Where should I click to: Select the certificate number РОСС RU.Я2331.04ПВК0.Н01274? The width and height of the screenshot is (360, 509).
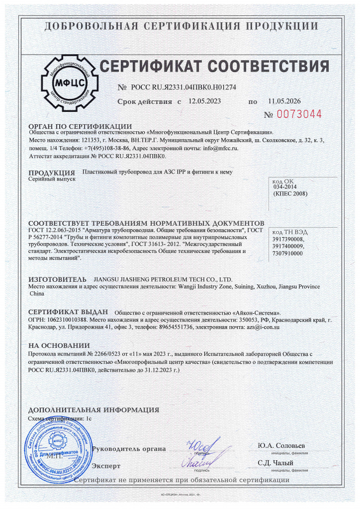coord(183,87)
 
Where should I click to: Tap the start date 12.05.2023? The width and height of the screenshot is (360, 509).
coord(204,101)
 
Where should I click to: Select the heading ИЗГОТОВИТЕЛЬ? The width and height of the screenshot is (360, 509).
coord(57,280)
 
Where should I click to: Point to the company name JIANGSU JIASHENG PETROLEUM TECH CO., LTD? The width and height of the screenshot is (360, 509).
coord(163,280)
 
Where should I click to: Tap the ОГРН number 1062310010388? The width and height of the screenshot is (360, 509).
coord(70,321)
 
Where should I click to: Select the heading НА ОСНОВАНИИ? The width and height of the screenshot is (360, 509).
coord(59,345)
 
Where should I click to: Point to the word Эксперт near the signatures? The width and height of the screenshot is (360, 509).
coord(107,466)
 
